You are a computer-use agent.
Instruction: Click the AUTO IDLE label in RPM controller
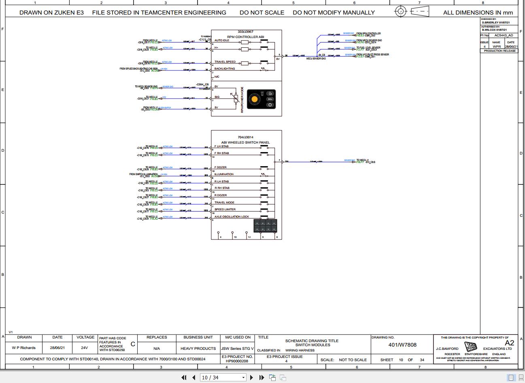point(222,40)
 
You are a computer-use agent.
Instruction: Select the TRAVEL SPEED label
point(225,62)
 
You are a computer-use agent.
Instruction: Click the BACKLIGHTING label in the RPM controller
point(225,69)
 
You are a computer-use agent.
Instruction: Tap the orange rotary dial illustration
point(255,99)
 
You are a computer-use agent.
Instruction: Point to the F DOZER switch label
point(221,167)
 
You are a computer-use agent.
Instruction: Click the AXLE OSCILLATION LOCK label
point(232,217)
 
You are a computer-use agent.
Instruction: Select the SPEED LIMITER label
point(225,209)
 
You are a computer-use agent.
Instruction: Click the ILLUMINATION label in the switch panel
point(224,174)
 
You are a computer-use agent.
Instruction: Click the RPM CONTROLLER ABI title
point(246,37)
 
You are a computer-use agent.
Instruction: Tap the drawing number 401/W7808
point(402,345)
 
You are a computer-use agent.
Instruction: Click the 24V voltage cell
point(84,348)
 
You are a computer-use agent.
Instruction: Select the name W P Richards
point(24,348)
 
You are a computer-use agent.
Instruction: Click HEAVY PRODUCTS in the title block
point(198,348)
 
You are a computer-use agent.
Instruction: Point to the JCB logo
point(470,347)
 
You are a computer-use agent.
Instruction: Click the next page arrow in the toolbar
point(251,377)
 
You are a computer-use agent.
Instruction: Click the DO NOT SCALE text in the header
point(262,13)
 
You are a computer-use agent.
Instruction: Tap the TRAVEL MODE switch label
point(224,203)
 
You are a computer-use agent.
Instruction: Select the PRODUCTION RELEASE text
point(500,51)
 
